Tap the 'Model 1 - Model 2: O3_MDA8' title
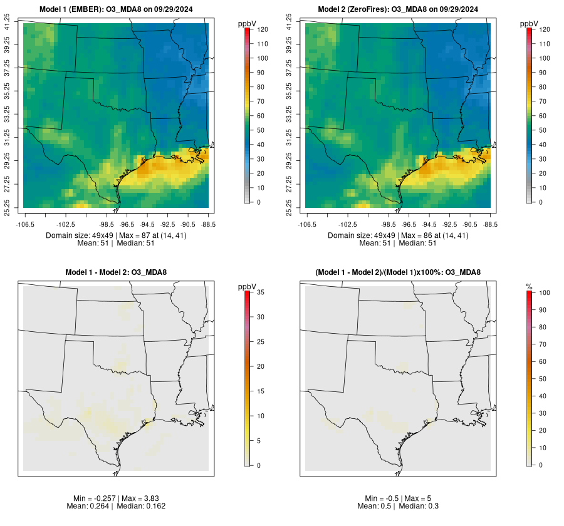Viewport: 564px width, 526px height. coord(116,272)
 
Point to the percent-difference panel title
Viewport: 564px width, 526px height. coord(398,272)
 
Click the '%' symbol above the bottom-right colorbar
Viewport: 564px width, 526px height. coord(530,286)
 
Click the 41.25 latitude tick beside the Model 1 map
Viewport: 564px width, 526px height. coord(8,24)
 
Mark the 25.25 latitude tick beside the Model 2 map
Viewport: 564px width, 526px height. coord(290,207)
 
